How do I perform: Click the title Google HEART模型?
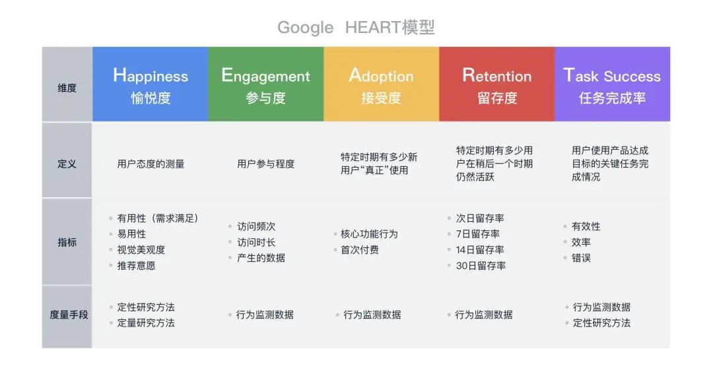356,27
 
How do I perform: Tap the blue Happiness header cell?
151,84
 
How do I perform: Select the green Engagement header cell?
266,84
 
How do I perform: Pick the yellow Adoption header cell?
381,84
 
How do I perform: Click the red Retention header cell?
496,84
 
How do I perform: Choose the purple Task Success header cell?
612,84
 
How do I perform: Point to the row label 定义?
67,164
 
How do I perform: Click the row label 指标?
67,242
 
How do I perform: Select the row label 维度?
67,88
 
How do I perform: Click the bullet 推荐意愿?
137,266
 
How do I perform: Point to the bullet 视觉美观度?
141,250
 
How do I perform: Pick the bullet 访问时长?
256,242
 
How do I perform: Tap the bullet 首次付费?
360,250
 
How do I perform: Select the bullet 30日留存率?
481,266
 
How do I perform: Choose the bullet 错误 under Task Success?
581,258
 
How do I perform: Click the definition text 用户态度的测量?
151,164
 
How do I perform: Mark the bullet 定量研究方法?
146,323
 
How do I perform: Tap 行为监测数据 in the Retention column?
484,315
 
